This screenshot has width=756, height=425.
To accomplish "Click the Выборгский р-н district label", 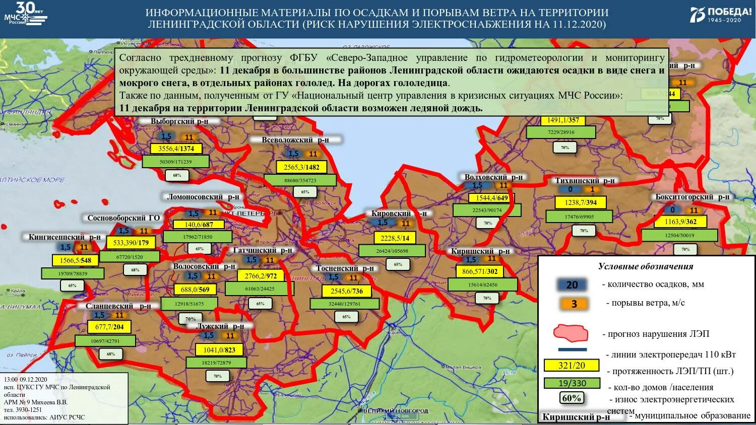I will pyautogui.click(x=179, y=121).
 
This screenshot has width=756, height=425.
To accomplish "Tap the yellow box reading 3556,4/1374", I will pyautogui.click(x=176, y=149).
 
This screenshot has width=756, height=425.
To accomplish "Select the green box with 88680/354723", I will pyautogui.click(x=300, y=180).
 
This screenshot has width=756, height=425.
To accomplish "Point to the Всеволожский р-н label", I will pyautogui.click(x=295, y=140).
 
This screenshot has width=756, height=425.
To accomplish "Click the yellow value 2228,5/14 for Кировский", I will pyautogui.click(x=395, y=238).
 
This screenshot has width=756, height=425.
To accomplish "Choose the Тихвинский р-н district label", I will pyautogui.click(x=585, y=181).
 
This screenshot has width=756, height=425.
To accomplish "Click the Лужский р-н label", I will pyautogui.click(x=220, y=326).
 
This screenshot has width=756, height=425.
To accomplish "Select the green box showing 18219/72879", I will pyautogui.click(x=217, y=363).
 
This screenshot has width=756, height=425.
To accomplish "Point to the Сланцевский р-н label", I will pyautogui.click(x=118, y=306).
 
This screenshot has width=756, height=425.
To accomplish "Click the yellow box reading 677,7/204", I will pyautogui.click(x=109, y=327).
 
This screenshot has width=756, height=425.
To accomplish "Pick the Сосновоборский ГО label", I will pyautogui.click(x=123, y=218).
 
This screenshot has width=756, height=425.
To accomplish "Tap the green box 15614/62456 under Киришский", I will pyautogui.click(x=483, y=285).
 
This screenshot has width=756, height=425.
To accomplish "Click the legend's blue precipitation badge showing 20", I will pyautogui.click(x=572, y=285).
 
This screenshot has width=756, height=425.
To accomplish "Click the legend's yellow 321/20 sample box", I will pyautogui.click(x=572, y=366).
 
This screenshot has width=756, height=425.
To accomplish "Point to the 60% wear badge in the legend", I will pyautogui.click(x=572, y=398).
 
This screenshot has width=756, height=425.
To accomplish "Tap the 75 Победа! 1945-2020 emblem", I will pyautogui.click(x=720, y=15).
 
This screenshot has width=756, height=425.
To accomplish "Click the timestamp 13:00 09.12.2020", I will pyautogui.click(x=25, y=379).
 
